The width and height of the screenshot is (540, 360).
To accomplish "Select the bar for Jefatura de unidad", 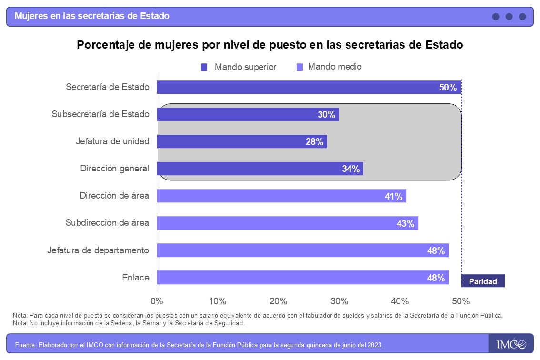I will (x=242, y=141).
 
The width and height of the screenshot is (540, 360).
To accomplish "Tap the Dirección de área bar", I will (x=281, y=196).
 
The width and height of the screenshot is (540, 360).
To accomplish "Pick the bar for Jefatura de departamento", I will (x=302, y=250).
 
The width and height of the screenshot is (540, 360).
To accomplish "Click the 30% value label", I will (x=327, y=115).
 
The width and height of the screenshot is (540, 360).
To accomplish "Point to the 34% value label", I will (x=351, y=169).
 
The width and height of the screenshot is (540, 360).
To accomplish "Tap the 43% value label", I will (x=405, y=223).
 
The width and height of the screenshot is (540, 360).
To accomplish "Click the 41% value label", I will (x=394, y=196).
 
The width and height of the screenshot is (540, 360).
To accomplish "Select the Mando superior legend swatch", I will (x=204, y=67).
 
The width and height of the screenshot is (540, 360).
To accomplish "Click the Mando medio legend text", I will (x=335, y=67).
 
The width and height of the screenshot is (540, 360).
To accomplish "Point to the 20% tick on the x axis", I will (x=278, y=301).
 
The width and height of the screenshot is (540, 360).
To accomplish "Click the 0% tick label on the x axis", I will (x=157, y=301).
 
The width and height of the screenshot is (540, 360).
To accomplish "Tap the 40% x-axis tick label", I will (x=400, y=301).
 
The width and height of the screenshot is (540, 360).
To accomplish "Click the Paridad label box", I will (x=483, y=281).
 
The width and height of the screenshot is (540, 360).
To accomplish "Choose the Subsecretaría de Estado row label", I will (x=100, y=114).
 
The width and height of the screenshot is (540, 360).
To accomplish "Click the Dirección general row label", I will (x=114, y=169).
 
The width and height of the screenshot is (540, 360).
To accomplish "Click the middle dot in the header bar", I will (x=509, y=17).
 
